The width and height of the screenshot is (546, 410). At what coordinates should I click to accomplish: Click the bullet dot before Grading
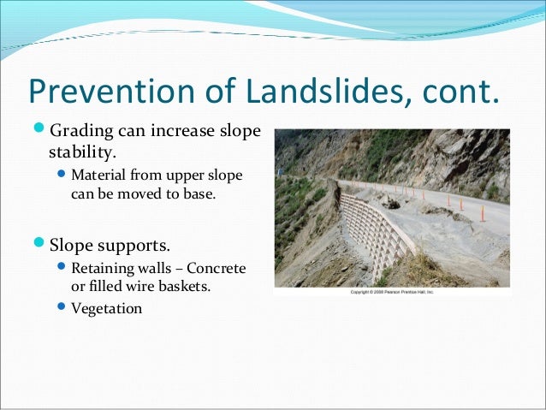(38, 133)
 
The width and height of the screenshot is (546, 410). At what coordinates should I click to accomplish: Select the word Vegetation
(107, 308)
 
